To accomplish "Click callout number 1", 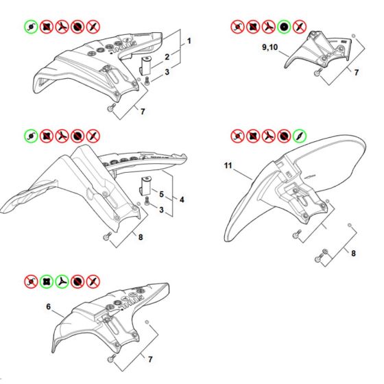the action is click(x=189, y=41).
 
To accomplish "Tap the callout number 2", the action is click(x=167, y=57).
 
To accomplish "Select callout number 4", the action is click(x=182, y=200).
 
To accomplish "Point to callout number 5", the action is click(x=161, y=194).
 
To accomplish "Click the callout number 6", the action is click(x=49, y=307).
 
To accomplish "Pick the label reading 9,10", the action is click(x=270, y=47).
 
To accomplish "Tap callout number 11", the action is click(x=228, y=165).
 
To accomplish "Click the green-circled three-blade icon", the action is click(x=62, y=282).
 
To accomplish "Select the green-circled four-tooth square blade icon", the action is click(x=47, y=282).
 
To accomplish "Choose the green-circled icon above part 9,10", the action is click(x=284, y=27).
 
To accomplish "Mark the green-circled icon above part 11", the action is click(x=300, y=136).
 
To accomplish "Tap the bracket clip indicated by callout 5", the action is click(x=145, y=186).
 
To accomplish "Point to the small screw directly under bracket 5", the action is click(x=147, y=201).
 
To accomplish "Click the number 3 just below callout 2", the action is click(x=167, y=72).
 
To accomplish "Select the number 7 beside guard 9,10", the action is click(x=357, y=72).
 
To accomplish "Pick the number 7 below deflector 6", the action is click(x=150, y=359).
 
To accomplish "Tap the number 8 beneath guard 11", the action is click(x=353, y=253).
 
